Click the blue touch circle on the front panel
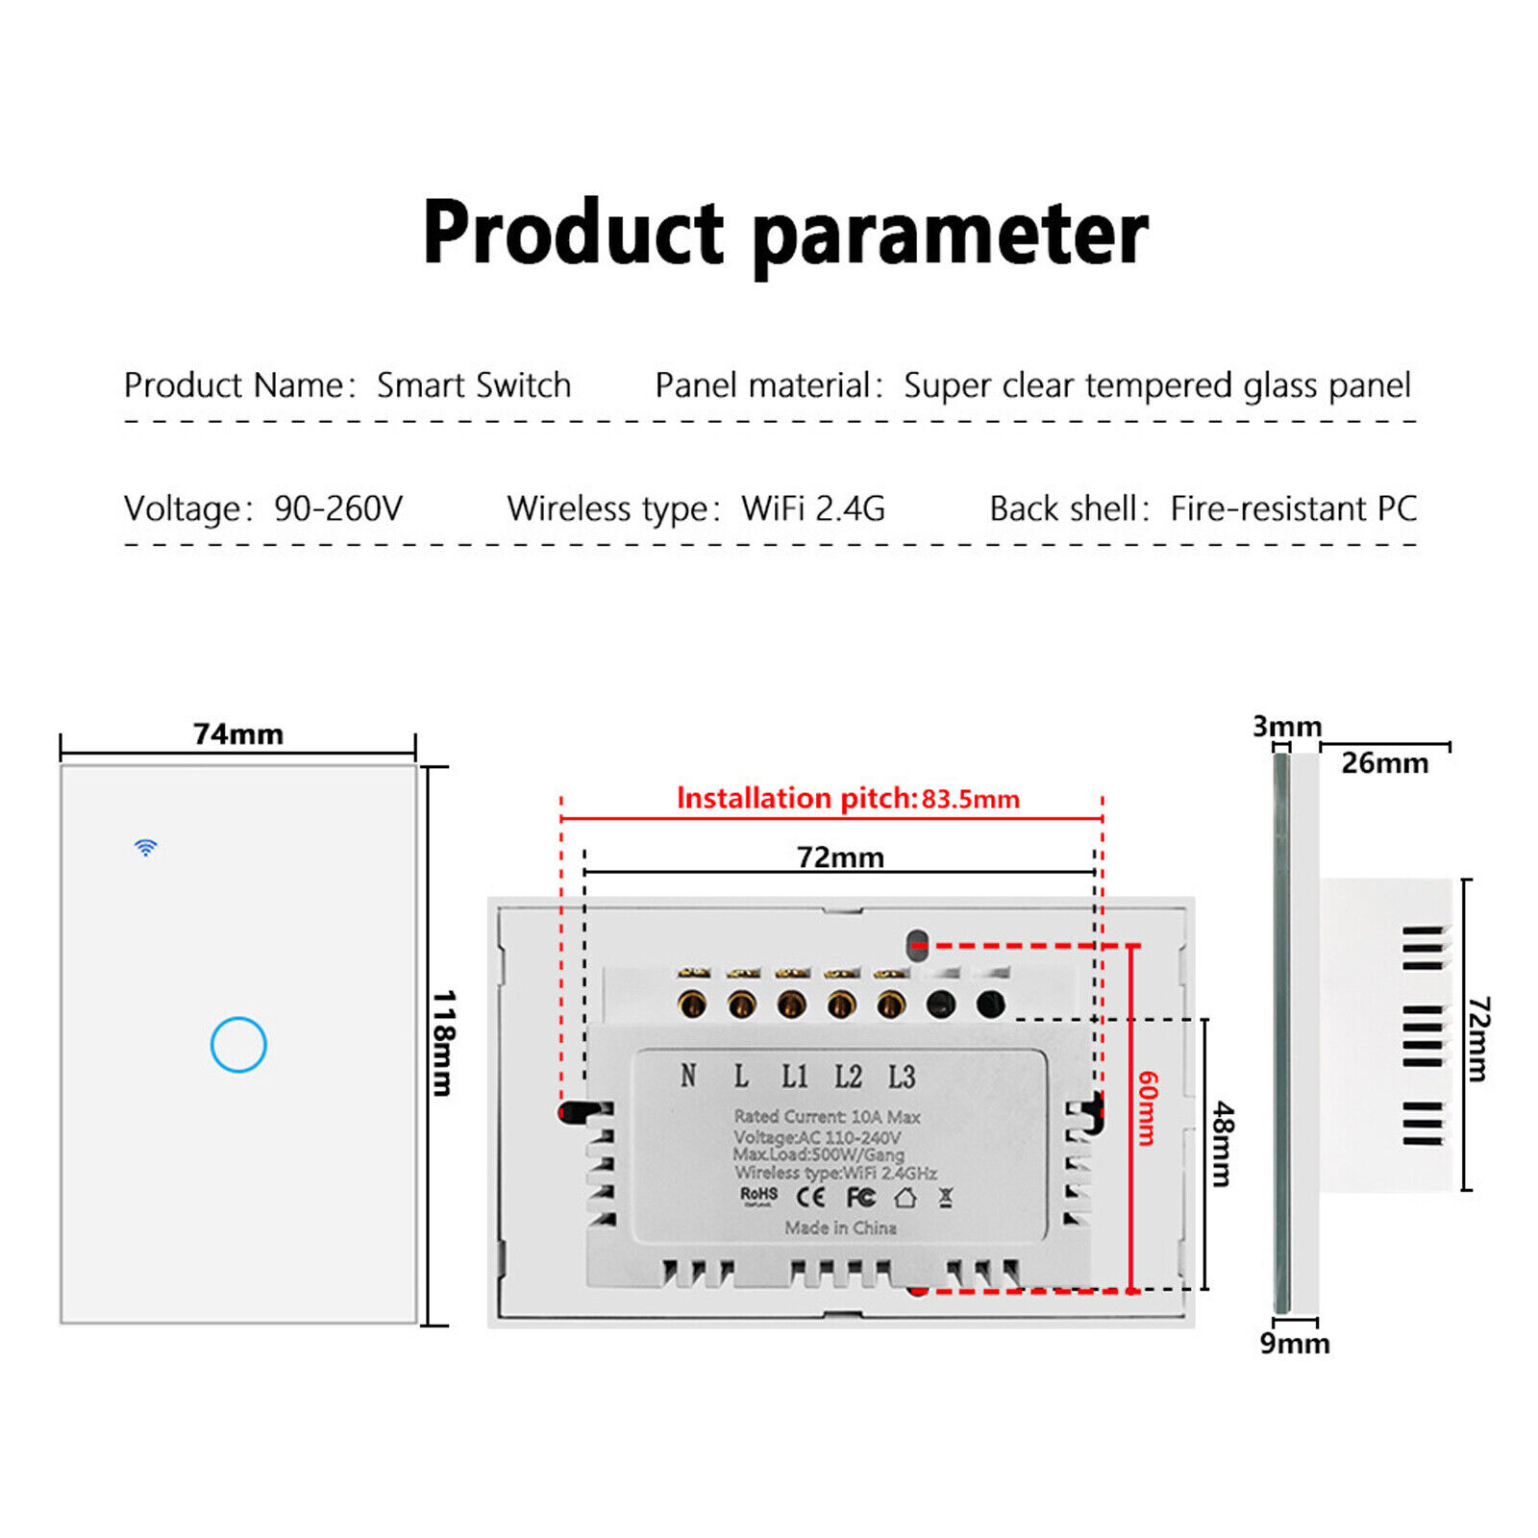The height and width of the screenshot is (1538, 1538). (x=238, y=1044)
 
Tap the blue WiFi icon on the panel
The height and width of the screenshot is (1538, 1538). (x=145, y=847)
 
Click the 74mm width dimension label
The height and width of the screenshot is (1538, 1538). (x=238, y=734)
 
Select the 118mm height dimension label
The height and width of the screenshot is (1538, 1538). (x=443, y=1043)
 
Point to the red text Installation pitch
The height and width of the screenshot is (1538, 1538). (x=797, y=798)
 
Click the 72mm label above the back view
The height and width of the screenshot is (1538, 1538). (x=839, y=856)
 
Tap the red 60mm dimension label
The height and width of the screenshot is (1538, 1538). (x=1148, y=1107)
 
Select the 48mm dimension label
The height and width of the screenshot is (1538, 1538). (x=1222, y=1144)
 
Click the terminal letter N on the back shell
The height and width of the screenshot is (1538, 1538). (x=688, y=1076)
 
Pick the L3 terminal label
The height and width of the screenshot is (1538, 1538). (x=901, y=1077)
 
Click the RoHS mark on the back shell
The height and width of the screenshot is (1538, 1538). (x=758, y=1194)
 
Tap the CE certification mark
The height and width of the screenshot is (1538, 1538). (x=810, y=1197)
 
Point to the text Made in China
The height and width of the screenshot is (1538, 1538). (x=840, y=1228)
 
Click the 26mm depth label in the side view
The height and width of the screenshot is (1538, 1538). (x=1384, y=763)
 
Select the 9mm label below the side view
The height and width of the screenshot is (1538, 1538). (x=1295, y=1343)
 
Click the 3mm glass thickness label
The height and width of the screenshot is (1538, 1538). (x=1286, y=727)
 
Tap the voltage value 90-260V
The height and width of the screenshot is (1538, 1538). (x=338, y=509)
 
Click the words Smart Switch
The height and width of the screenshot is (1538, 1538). (x=474, y=385)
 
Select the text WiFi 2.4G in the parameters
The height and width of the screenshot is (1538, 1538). (x=812, y=509)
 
